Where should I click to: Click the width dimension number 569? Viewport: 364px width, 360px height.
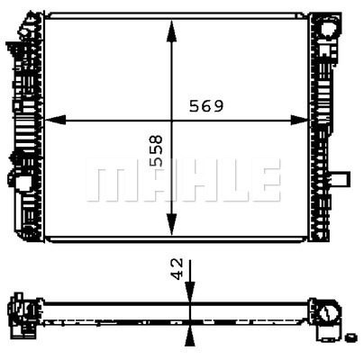[205, 105]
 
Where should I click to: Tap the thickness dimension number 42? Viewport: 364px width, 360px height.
[177, 268]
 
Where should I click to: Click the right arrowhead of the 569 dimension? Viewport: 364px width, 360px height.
[305, 120]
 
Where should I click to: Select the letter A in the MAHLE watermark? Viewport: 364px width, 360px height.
[144, 181]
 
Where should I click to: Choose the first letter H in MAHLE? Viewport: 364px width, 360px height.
[185, 181]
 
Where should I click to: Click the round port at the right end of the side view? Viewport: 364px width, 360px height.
[331, 314]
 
